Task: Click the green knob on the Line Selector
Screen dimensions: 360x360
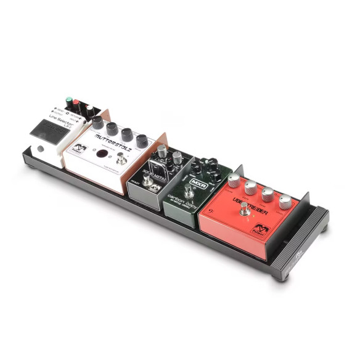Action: pyautogui.click(x=67, y=100)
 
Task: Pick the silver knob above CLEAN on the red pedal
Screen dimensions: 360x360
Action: pyautogui.click(x=234, y=181)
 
